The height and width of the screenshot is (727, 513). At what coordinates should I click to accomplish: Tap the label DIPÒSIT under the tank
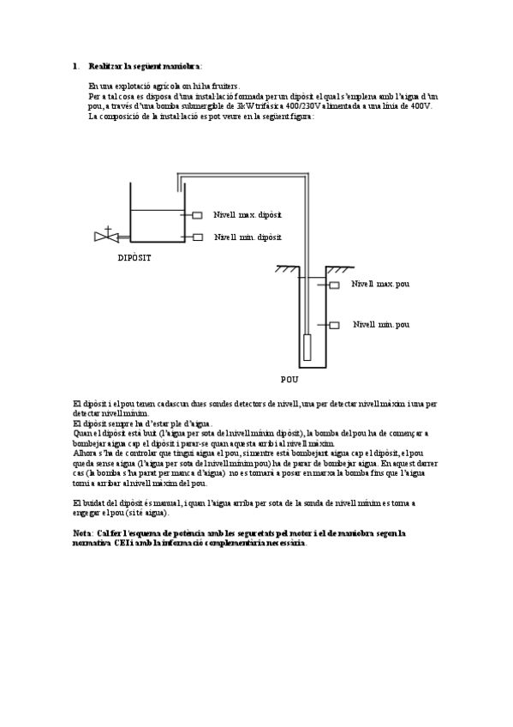134,257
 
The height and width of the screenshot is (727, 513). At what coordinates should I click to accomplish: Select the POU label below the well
289,378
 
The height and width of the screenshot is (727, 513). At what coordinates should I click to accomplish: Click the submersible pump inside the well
308,347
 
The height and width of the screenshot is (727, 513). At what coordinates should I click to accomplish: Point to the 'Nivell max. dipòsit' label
248,214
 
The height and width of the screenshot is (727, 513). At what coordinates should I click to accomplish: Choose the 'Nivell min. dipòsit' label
248,237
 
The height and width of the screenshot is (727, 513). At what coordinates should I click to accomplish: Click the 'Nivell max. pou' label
380,284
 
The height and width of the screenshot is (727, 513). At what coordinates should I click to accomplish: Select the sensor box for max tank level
197,215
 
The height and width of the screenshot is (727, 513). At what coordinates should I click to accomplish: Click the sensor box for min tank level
197,237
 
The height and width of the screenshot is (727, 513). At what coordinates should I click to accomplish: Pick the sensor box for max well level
334,285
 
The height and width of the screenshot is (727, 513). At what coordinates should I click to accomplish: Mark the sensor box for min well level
334,325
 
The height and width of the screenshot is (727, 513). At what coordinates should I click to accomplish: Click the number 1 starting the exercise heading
75,66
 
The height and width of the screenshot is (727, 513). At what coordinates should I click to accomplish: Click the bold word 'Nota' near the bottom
83,532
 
